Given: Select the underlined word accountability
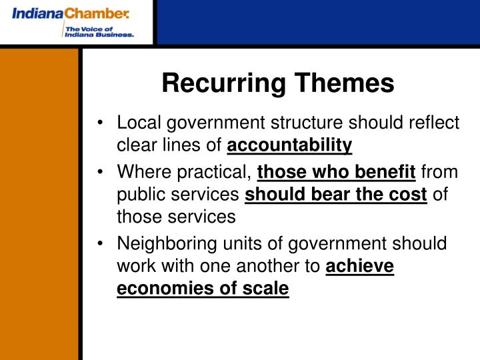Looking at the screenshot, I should coord(290,145).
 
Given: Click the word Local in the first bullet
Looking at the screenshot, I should coord(137,124).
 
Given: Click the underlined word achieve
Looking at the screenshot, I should coord(360,267).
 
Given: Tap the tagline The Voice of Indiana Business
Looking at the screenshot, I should coord(98,31).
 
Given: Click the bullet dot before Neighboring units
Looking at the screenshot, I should coord(100,245).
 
